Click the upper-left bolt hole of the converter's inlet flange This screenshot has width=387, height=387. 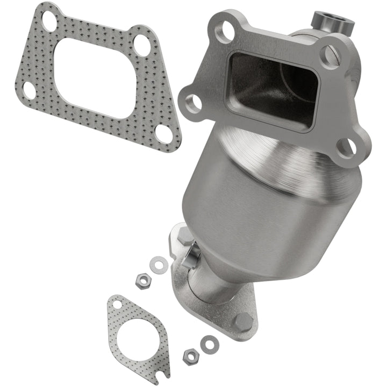(223, 32)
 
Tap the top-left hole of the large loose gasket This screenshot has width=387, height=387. (49, 21)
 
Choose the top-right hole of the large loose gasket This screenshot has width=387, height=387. (142, 45)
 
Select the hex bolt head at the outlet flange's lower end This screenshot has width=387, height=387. (243, 322)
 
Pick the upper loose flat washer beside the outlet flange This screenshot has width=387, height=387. (157, 264)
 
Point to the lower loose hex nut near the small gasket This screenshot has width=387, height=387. (190, 355)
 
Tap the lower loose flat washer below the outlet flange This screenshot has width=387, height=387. (207, 342)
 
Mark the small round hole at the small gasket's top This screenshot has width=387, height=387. (117, 305)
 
